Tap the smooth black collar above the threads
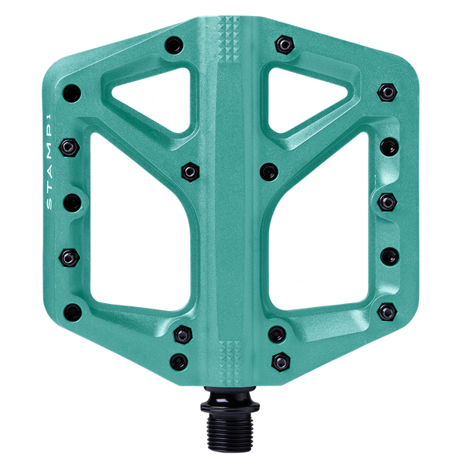(x=232, y=404)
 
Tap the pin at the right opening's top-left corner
(x=269, y=170)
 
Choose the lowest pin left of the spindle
(x=179, y=360)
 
